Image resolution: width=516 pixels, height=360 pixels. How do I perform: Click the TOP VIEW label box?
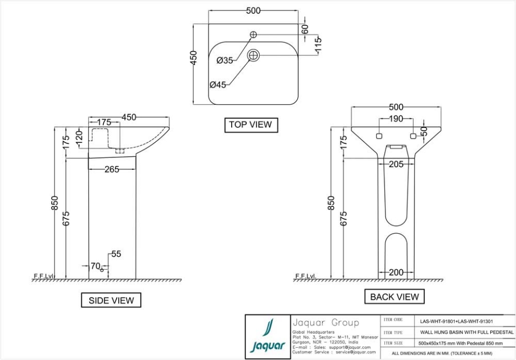pos(250,125)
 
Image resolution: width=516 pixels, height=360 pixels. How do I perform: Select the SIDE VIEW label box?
pos(111,300)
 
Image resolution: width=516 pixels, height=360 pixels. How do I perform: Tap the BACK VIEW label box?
pos(395,297)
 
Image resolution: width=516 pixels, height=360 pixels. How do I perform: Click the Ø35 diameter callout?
pos(225,61)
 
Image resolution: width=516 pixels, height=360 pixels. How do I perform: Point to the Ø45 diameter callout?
pos(218,84)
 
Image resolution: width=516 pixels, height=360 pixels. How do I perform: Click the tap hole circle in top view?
pos(253,35)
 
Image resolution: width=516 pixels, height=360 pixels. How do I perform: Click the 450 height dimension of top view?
pos(193,57)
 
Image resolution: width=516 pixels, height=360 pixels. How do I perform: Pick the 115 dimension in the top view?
pos(318,45)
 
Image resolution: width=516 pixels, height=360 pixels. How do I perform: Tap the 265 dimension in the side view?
pos(112,169)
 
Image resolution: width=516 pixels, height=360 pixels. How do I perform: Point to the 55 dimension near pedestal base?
pos(116,254)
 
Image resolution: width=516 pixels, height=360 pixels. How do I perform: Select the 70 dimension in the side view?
pos(95,265)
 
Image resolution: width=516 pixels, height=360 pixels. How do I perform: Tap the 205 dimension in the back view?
pos(396,164)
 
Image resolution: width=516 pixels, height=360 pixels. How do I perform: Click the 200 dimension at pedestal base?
pos(396,272)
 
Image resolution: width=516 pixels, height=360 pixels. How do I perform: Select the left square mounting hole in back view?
pos(378,136)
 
